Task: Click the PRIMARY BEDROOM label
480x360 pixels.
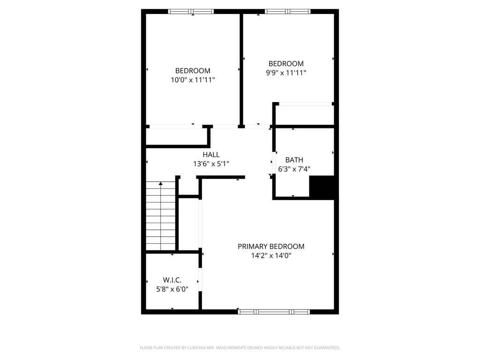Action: (x=271, y=247)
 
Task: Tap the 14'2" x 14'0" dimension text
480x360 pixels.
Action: (x=271, y=255)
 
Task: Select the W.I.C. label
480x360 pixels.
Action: (x=172, y=280)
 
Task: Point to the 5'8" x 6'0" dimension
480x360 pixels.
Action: (x=172, y=289)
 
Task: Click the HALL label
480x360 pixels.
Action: (x=211, y=155)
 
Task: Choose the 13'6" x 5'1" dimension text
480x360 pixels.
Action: (x=211, y=164)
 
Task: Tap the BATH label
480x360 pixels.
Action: (x=294, y=160)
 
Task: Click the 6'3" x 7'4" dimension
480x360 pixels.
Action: (x=294, y=169)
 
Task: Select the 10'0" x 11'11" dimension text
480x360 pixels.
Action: (x=193, y=80)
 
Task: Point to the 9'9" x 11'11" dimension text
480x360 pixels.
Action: (x=286, y=73)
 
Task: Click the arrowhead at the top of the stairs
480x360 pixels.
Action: (x=161, y=184)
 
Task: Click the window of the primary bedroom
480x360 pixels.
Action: (x=274, y=312)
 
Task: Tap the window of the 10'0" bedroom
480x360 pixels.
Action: (x=191, y=12)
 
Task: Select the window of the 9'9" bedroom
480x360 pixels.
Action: (x=288, y=12)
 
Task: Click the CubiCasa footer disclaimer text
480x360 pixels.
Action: (x=240, y=348)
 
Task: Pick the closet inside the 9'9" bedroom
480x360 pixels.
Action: (x=305, y=115)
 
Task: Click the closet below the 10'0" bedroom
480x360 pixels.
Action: (x=177, y=136)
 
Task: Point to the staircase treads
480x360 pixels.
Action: (x=161, y=216)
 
